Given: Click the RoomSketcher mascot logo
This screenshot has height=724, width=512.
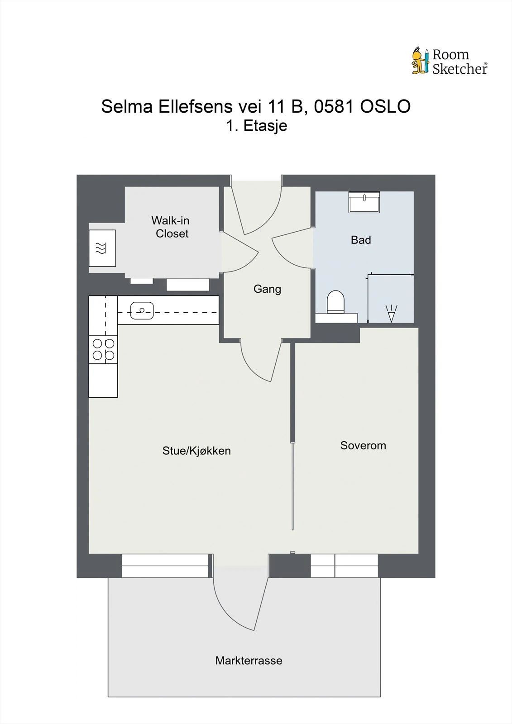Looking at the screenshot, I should pos(420,61).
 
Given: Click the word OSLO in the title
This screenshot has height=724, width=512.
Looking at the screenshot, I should pos(385,107).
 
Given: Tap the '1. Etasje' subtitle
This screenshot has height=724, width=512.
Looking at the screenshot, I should pos(257,126).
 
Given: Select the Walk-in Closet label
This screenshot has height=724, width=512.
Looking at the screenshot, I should pos(171,227).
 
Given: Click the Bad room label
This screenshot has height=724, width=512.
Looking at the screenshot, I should pos(361,240).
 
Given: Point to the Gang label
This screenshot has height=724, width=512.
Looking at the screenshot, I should pos(267,289).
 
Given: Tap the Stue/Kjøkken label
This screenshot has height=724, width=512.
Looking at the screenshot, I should pos(196,451).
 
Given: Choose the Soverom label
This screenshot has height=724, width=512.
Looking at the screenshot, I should pos(363,445).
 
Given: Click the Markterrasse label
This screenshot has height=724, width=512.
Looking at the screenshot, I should pos(249,661).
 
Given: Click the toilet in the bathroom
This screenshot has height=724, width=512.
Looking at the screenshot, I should pos(335,302).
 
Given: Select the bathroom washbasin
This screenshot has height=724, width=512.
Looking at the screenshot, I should pos(364,202).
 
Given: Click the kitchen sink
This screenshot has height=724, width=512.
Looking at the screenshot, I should pos(142,311).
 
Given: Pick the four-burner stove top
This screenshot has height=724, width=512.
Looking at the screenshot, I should pos(103,349).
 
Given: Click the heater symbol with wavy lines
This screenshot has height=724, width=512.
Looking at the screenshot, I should pos(102,248).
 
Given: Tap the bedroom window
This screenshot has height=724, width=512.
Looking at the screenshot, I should pos(344,566).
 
